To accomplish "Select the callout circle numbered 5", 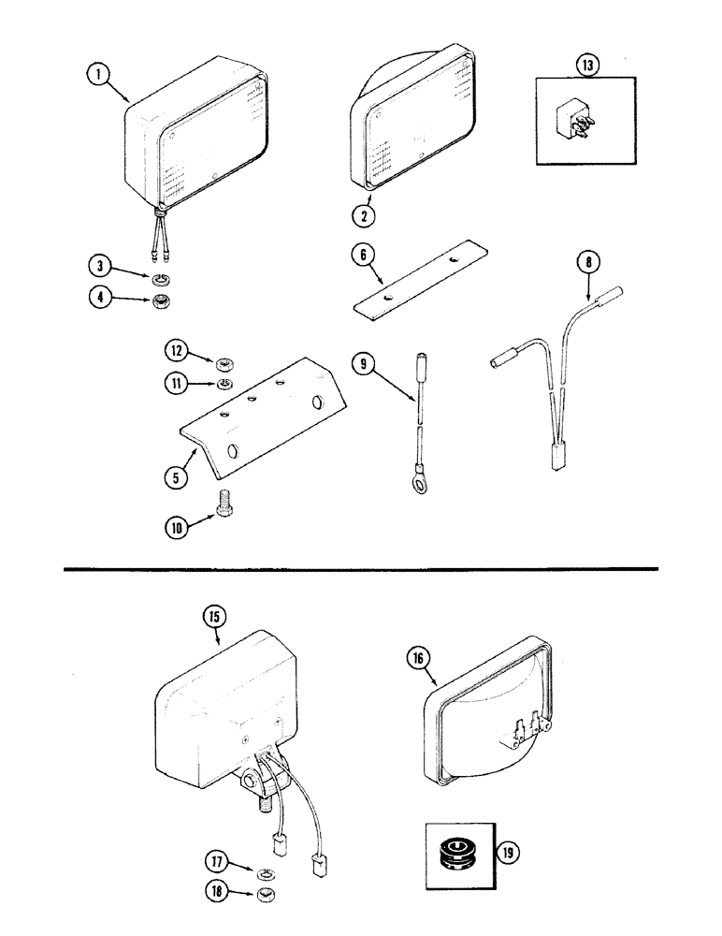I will (x=174, y=475).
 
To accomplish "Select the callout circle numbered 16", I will (x=417, y=659).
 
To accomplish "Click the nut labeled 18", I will (x=265, y=896).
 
